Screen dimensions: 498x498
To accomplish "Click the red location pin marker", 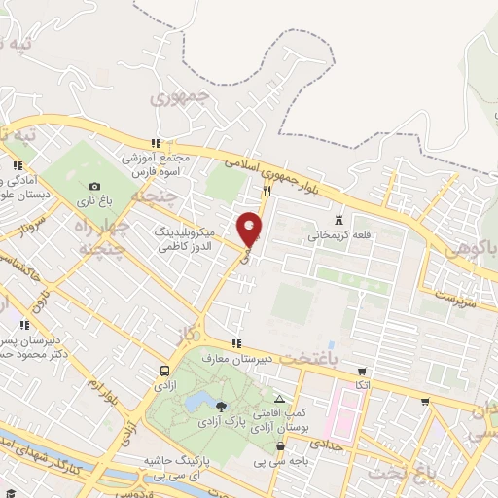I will click(x=250, y=229).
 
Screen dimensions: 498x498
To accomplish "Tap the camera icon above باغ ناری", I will click(x=94, y=186).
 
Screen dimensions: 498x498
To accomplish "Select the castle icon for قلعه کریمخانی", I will click(x=338, y=219).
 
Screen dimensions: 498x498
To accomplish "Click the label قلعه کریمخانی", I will click(x=338, y=235).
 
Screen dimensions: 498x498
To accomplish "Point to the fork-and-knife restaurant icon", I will click(x=267, y=190).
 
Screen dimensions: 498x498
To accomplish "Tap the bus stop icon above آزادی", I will click(x=163, y=371).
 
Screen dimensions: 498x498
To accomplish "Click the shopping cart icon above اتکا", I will click(x=363, y=371).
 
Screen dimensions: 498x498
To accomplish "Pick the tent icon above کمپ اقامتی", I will click(x=280, y=399).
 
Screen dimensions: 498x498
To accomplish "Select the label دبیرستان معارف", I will click(x=235, y=359).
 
